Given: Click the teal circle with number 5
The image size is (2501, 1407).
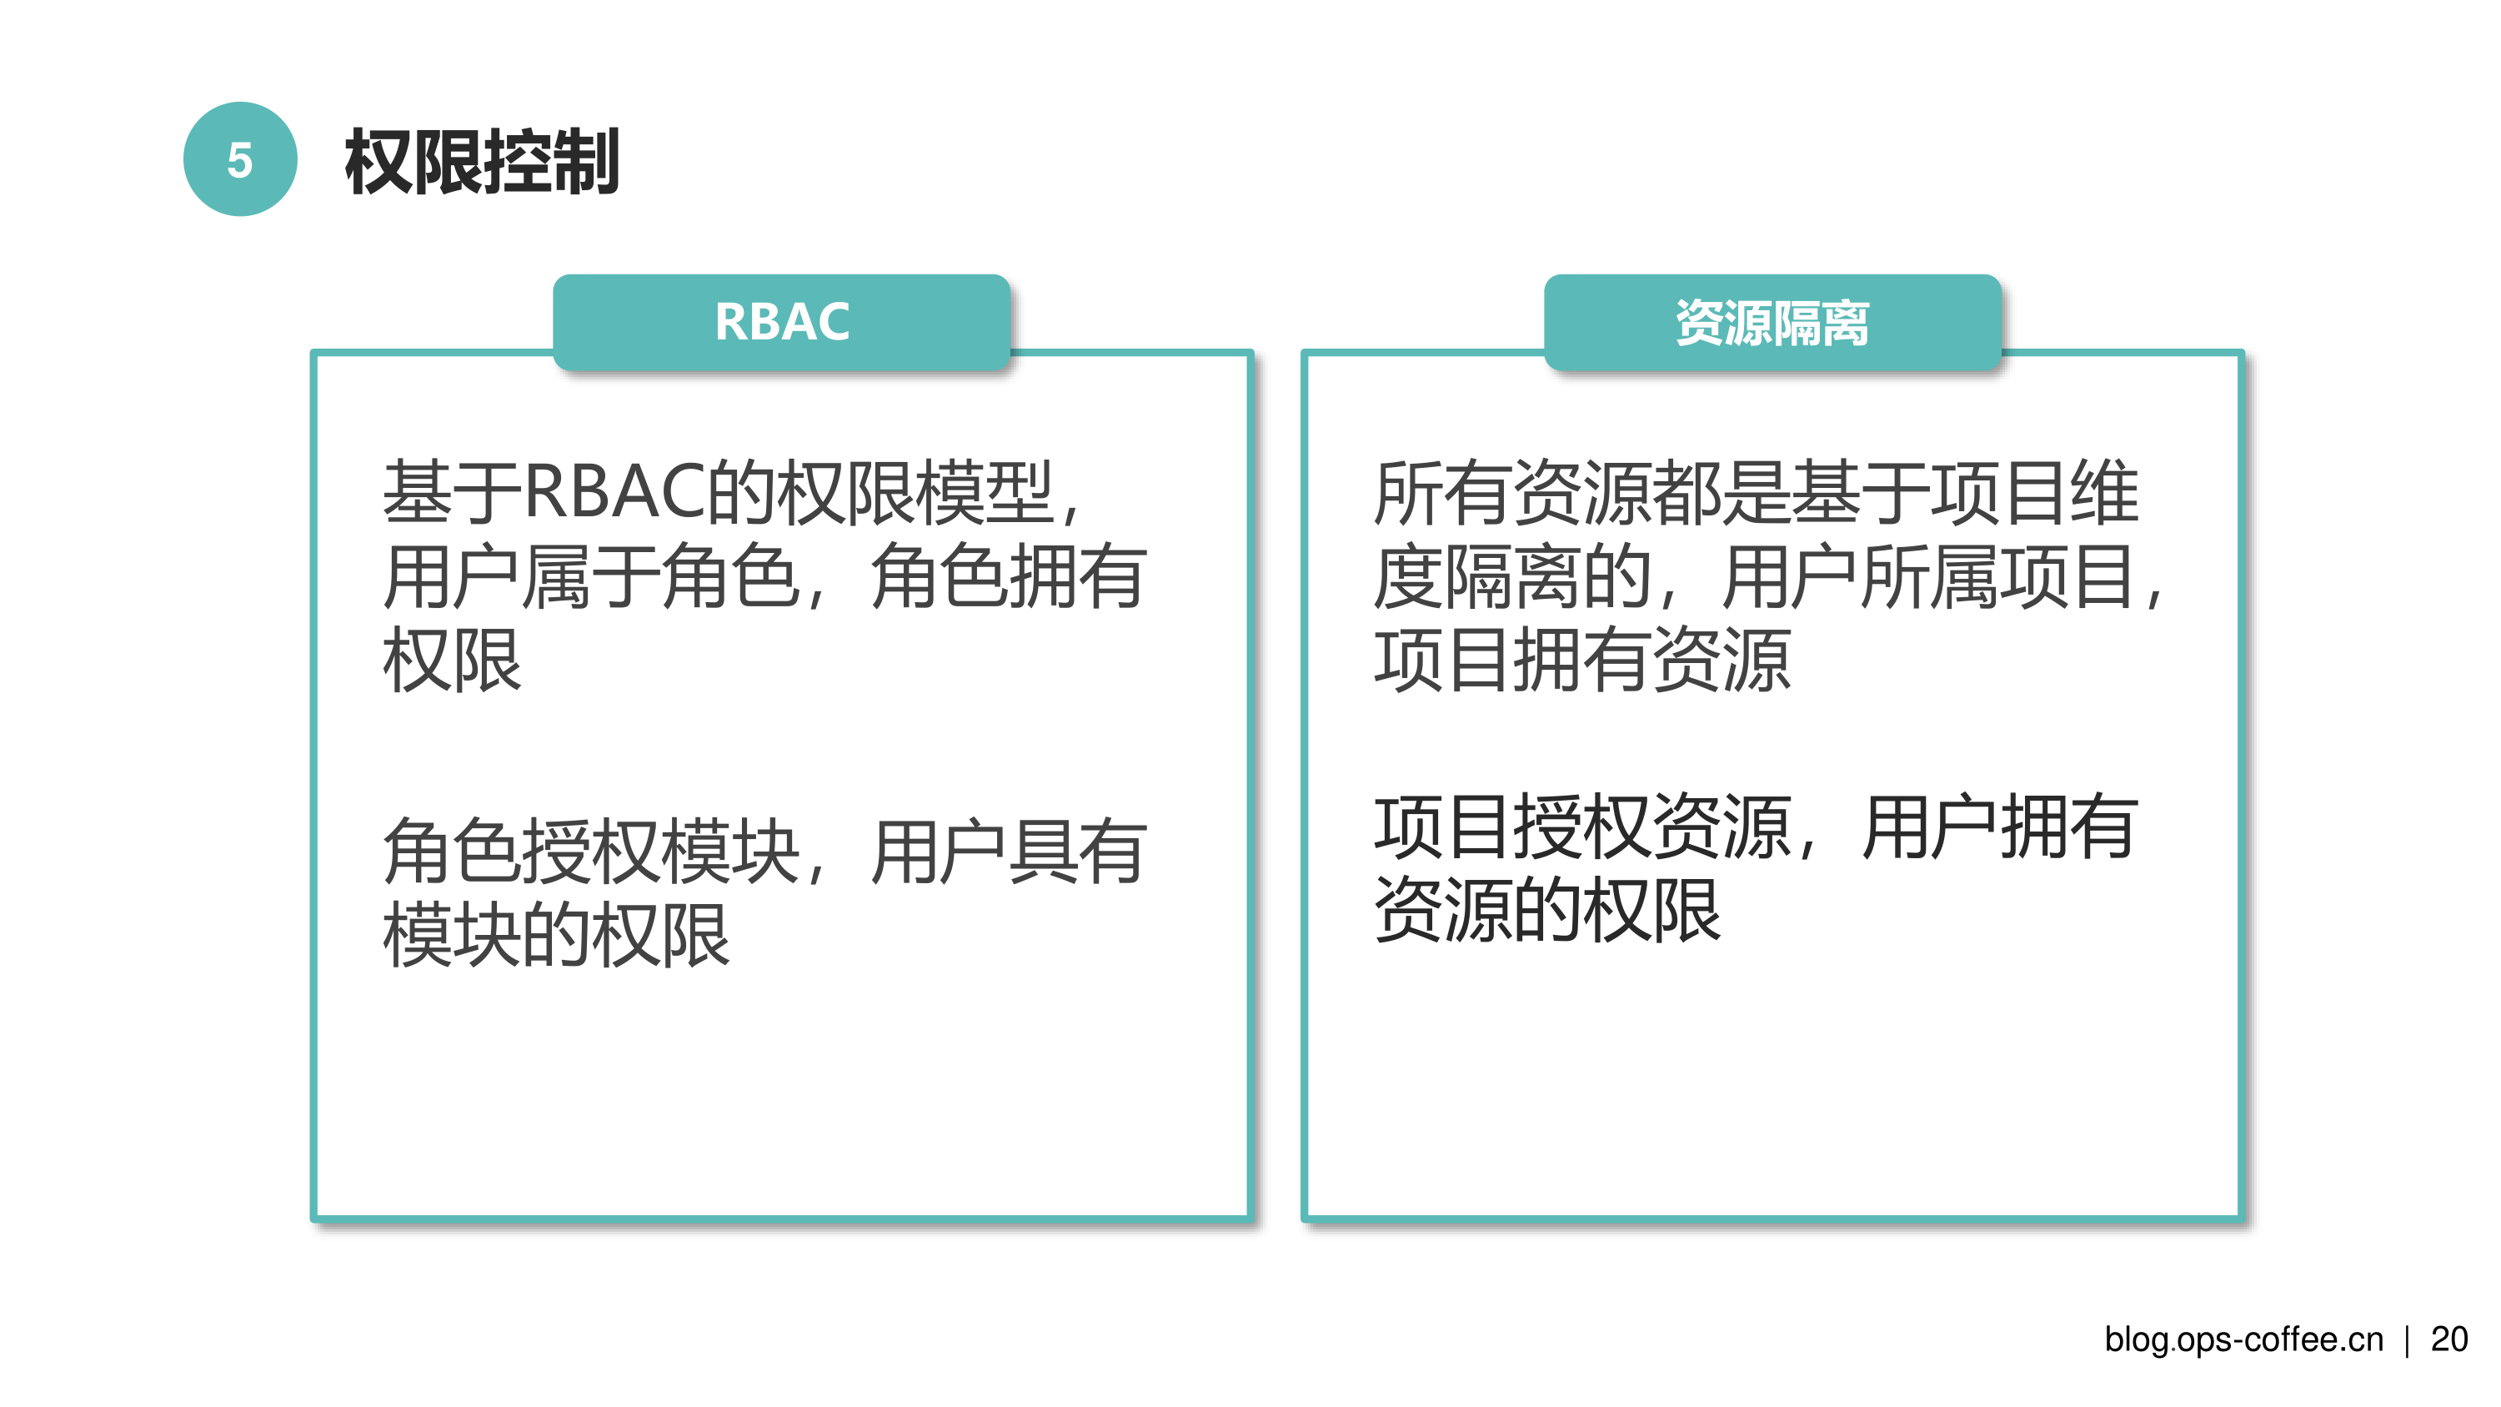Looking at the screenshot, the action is click(240, 159).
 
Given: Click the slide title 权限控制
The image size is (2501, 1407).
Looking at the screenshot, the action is click(482, 161).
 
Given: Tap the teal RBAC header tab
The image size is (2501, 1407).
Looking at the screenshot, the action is click(782, 321).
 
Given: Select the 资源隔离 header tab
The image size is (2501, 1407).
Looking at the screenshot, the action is click(1772, 321).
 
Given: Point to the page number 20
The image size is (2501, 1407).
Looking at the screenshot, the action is click(2448, 1339).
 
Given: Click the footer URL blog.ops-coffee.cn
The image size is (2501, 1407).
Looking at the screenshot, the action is click(2243, 1340).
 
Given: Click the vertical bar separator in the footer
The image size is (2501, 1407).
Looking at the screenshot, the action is click(2407, 1340).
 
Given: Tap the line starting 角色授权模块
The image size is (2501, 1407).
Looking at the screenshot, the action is click(765, 852).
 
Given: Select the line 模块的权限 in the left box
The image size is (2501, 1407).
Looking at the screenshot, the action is click(556, 935).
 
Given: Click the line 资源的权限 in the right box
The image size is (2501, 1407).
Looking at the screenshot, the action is click(1547, 910).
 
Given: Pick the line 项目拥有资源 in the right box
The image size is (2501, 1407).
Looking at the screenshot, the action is click(1582, 660).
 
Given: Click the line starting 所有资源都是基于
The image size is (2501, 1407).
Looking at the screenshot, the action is click(1757, 492).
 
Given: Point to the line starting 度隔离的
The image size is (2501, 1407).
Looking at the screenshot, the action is click(1768, 575).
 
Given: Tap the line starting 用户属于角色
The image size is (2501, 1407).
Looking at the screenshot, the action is click(765, 575).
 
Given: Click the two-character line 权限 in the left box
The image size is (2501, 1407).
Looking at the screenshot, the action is click(453, 660).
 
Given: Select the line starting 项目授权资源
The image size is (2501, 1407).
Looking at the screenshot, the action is click(1757, 827).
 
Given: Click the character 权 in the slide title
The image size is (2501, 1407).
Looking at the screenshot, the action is click(378, 161).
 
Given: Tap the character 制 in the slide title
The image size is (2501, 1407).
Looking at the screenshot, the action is click(585, 161).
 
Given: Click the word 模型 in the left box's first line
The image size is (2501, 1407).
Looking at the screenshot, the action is click(985, 492).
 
